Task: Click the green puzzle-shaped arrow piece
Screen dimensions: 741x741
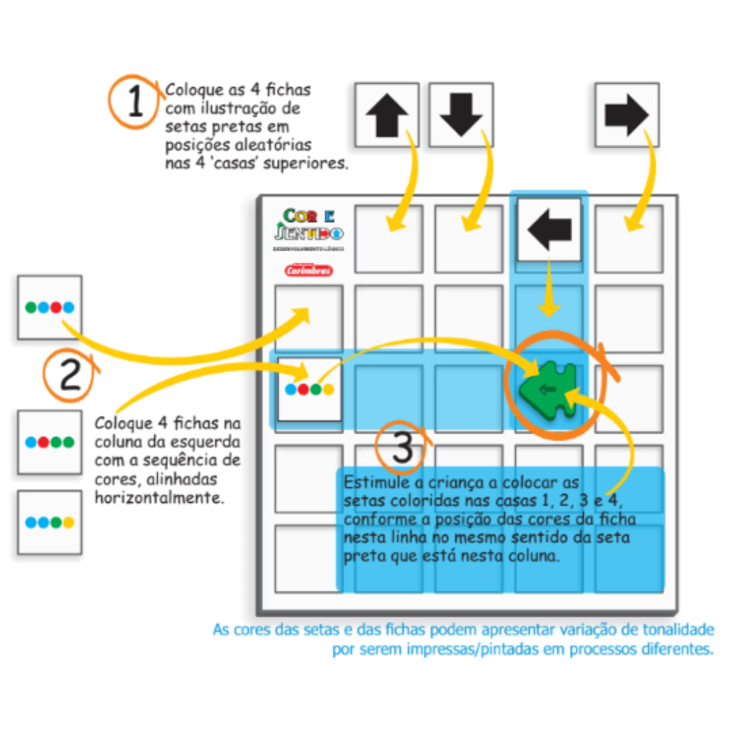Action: pos(549,389)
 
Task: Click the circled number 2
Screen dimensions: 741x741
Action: pos(70,376)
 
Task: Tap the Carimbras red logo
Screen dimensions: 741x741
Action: pos(308,271)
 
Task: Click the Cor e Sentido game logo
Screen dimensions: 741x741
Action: pos(309,224)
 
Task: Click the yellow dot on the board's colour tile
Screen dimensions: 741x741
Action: pos(329,389)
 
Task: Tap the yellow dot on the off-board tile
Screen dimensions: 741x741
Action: pos(68,522)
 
